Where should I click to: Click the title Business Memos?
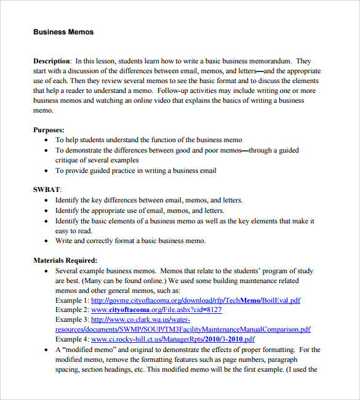[x=63, y=31]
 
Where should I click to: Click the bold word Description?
[x=52, y=62]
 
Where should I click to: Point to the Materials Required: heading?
[x=65, y=260]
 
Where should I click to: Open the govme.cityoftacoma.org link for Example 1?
[x=196, y=300]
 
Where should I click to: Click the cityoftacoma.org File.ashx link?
[x=156, y=310]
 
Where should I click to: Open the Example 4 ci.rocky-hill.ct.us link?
[x=173, y=339]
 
